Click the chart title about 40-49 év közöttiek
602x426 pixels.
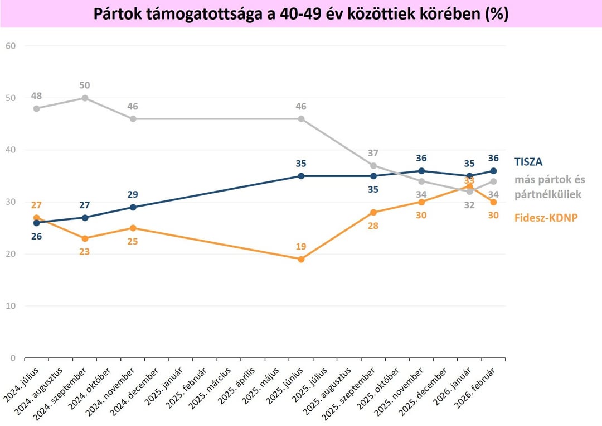[x=300, y=14]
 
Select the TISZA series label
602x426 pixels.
[x=528, y=162]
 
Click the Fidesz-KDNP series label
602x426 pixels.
[x=546, y=218]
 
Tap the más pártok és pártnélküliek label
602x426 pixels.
[x=549, y=186]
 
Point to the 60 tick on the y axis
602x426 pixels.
[x=11, y=46]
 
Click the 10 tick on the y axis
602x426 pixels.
[x=11, y=306]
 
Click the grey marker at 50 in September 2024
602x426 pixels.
[x=85, y=98]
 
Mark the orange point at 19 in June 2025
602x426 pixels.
[x=301, y=259]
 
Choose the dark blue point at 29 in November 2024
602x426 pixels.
[x=133, y=207]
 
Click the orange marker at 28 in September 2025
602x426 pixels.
[x=373, y=212]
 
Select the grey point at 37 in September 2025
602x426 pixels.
[x=373, y=165]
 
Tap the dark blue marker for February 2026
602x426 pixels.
[x=493, y=171]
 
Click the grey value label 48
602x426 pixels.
[x=36, y=95]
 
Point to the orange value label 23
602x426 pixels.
[x=85, y=252]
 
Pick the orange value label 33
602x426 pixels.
[x=469, y=180]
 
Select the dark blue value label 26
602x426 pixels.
[x=36, y=236]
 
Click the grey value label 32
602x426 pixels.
[x=469, y=205]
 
